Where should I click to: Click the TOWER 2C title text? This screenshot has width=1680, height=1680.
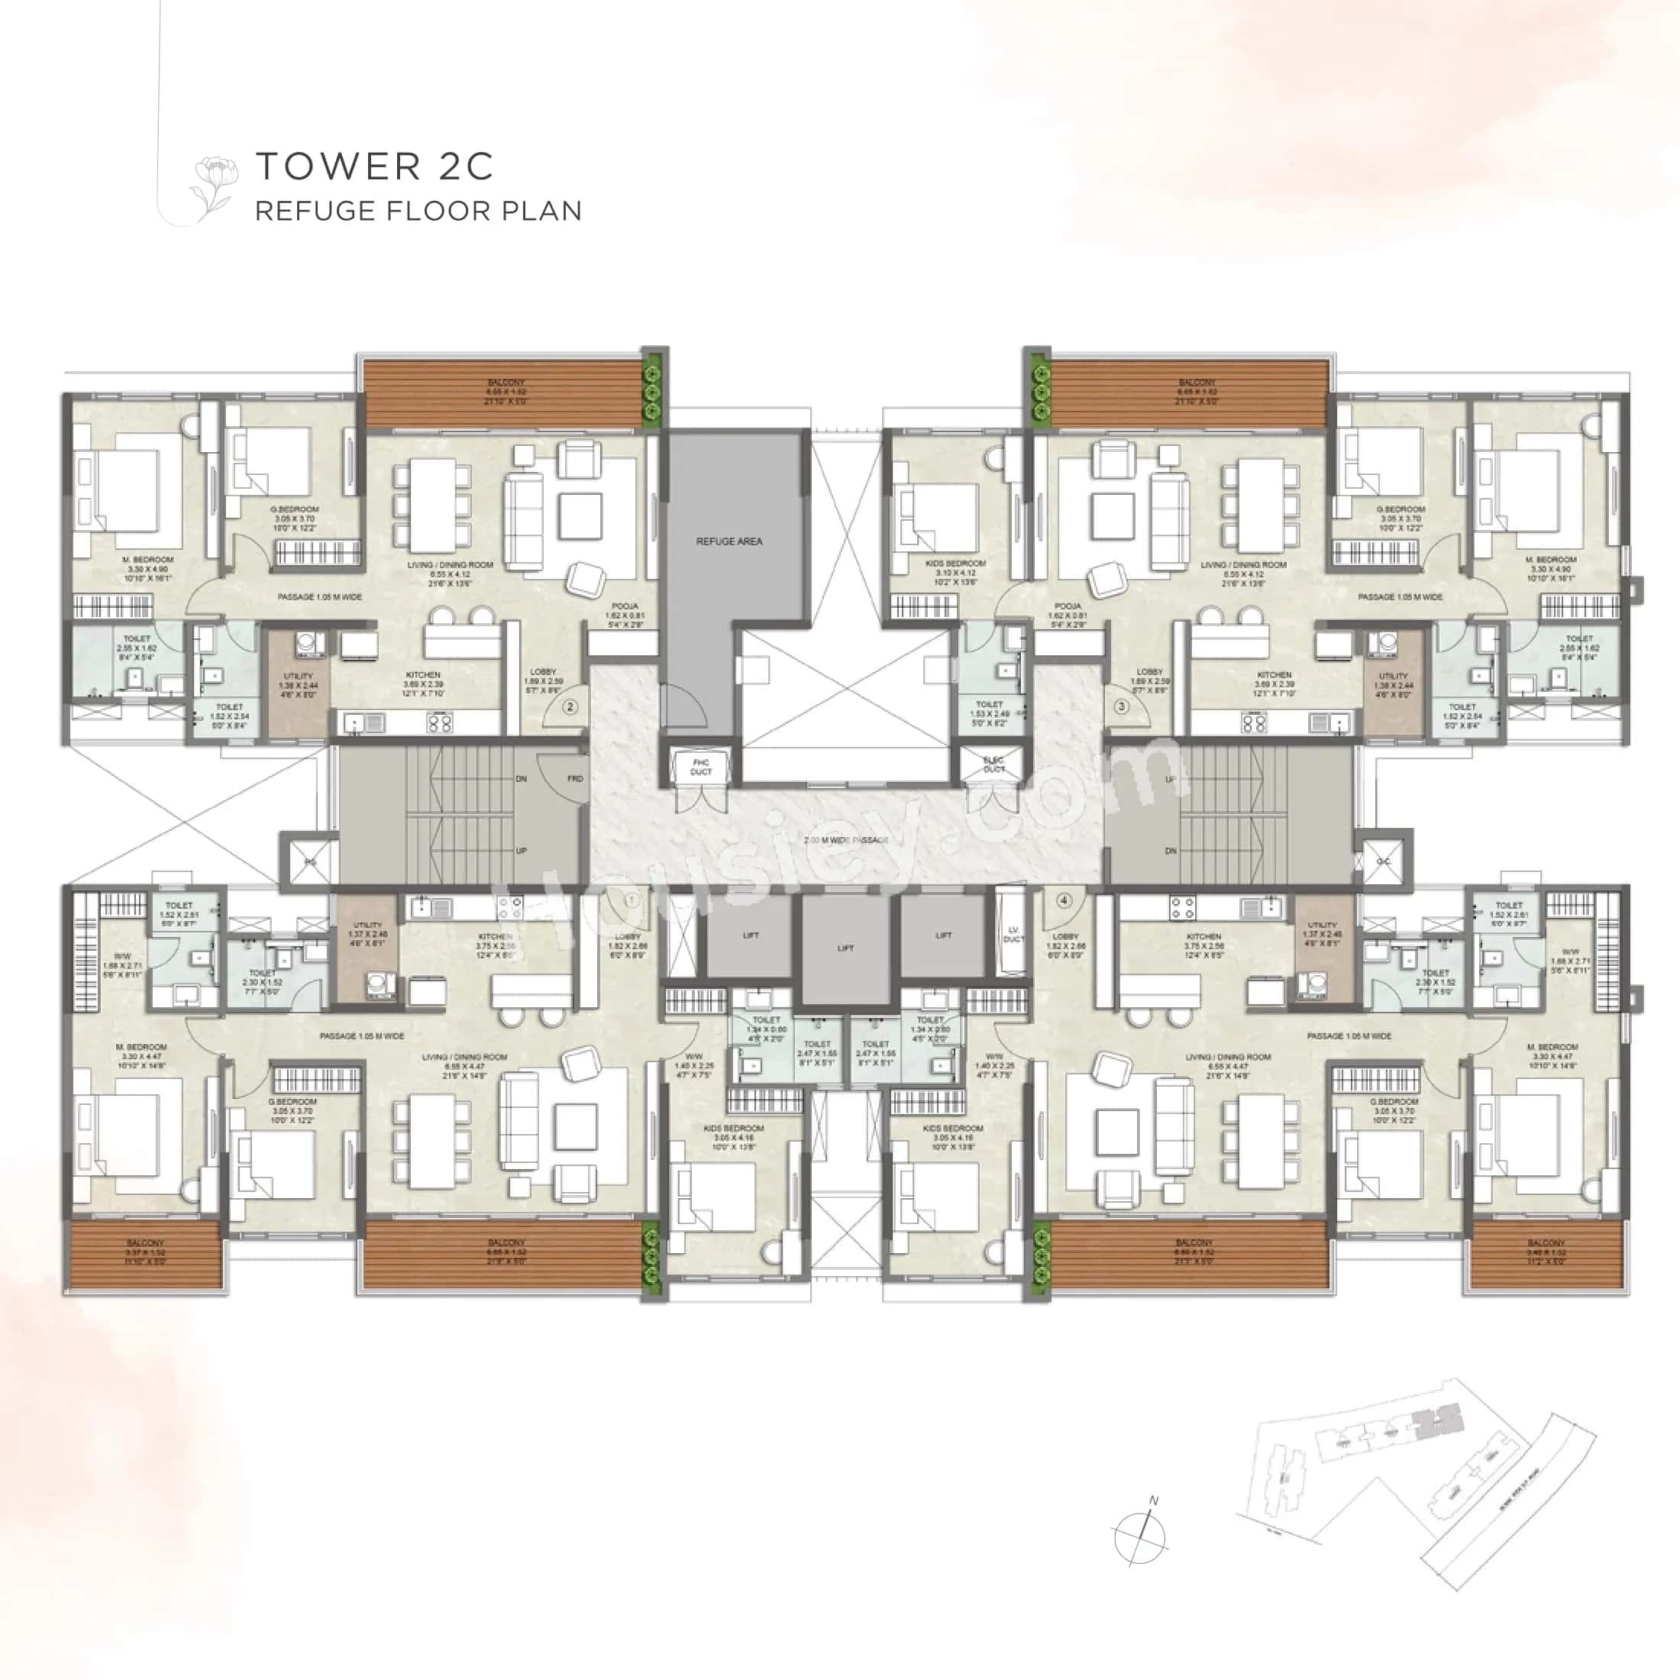click(x=374, y=166)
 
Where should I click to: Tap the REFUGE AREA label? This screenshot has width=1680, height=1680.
click(x=729, y=541)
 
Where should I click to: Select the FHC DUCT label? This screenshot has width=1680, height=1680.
click(x=701, y=767)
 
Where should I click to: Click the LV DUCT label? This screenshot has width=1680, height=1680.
click(x=1013, y=934)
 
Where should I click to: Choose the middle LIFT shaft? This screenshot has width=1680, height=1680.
click(x=845, y=948)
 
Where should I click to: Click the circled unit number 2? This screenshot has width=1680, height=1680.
click(x=570, y=707)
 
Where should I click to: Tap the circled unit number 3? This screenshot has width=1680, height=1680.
click(x=1122, y=706)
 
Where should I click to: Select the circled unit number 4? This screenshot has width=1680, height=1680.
click(x=1065, y=900)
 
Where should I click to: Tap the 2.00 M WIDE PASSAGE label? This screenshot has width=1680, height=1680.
click(x=845, y=840)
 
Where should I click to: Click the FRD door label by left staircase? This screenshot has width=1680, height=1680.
click(x=575, y=778)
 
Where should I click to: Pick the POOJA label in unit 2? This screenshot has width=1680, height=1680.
click(x=625, y=606)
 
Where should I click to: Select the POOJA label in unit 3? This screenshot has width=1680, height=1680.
click(x=1067, y=606)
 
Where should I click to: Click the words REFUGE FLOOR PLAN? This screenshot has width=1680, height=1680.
click(x=418, y=212)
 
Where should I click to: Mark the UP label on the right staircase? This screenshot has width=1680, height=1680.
click(x=1171, y=779)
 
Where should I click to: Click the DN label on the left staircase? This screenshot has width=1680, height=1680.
click(x=521, y=778)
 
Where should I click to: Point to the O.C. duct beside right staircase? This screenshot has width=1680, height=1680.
click(x=1384, y=861)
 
